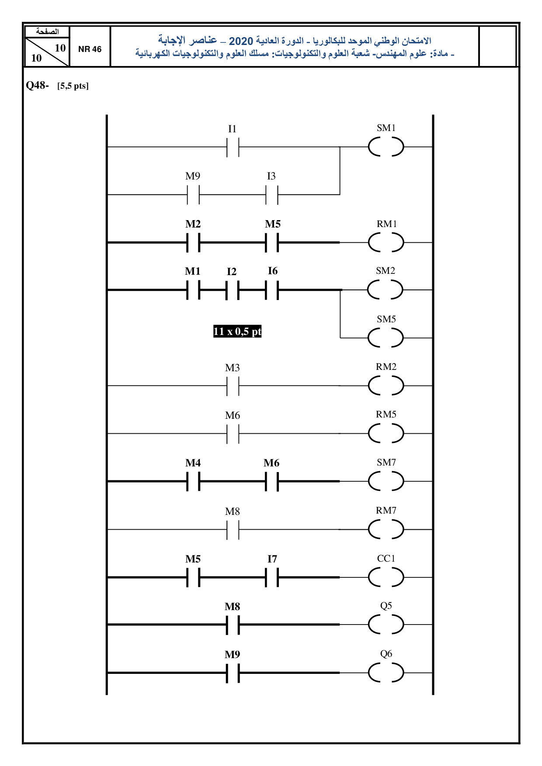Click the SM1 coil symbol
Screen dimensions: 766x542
point(386,147)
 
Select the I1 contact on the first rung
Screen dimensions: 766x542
point(233,147)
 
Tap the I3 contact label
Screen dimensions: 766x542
point(271,176)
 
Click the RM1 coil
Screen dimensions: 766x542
point(386,242)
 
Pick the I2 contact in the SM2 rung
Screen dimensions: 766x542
point(233,290)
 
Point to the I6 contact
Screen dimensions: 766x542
point(272,290)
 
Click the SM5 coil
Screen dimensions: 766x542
point(386,338)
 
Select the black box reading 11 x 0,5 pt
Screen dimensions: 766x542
point(237,331)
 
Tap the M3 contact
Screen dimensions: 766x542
point(233,386)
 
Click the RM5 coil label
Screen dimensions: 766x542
point(386,414)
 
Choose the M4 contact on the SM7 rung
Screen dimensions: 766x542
point(193,481)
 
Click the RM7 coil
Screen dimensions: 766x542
point(386,529)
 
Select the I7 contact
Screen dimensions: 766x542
point(272,577)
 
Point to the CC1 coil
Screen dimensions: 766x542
point(386,577)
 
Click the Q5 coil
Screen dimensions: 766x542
point(386,625)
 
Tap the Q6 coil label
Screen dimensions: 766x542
point(386,654)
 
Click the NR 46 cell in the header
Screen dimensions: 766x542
point(90,49)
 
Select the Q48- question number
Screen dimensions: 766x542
point(37,85)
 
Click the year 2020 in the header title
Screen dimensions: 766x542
point(241,41)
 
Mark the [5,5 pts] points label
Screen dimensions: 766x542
point(73,86)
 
